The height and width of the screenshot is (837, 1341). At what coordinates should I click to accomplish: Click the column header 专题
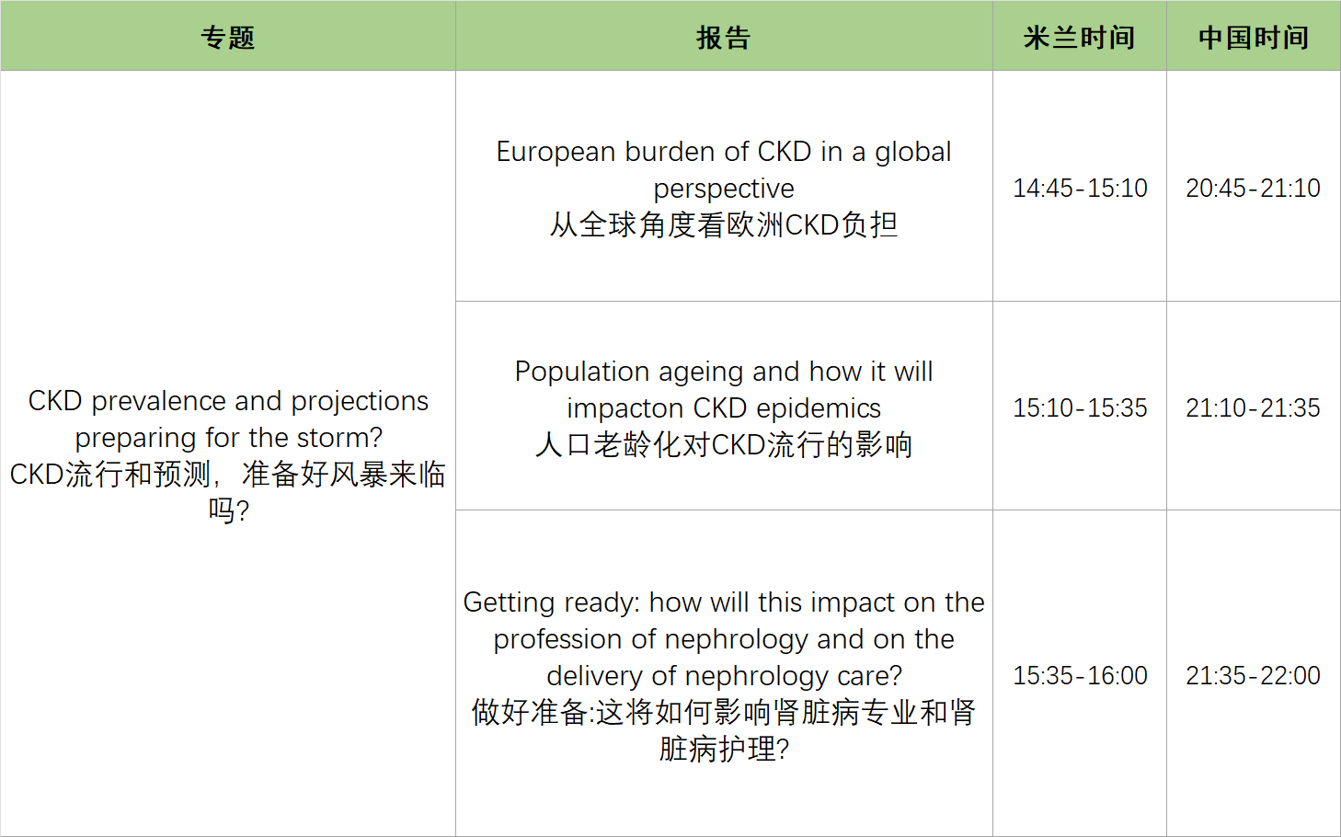(x=227, y=37)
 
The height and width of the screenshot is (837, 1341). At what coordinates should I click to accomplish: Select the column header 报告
(x=723, y=37)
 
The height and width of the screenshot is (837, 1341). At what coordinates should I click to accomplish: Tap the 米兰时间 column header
(x=1079, y=37)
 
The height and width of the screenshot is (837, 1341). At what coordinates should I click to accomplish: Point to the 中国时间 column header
(x=1253, y=37)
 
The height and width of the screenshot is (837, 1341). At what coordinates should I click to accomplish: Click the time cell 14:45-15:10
(x=1080, y=188)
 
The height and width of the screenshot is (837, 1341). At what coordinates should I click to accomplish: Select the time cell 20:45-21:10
(x=1253, y=188)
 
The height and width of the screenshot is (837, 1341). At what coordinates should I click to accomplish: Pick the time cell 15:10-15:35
(x=1080, y=407)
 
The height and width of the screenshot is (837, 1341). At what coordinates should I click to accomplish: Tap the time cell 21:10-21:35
(x=1253, y=407)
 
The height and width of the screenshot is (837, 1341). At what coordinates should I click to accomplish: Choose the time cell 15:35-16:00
(x=1080, y=675)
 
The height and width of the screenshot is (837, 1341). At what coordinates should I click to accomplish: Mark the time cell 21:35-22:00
(x=1253, y=675)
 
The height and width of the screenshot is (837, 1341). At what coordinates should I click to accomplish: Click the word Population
(x=582, y=373)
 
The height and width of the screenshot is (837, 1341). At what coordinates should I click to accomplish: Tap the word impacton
(x=625, y=409)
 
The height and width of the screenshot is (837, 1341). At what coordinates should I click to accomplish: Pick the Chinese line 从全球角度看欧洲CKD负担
(x=724, y=225)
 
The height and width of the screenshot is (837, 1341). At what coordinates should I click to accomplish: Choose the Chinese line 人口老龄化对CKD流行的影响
(x=724, y=445)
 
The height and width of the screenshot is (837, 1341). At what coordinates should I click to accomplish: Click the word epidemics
(x=819, y=409)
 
